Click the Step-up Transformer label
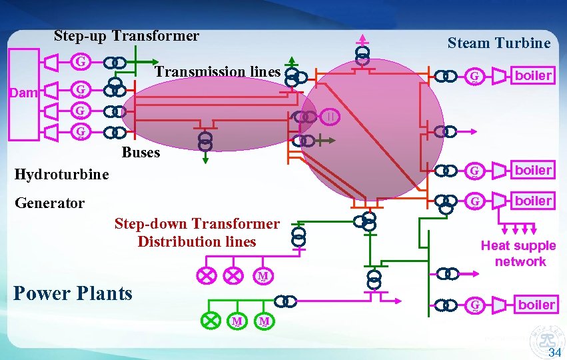[127, 36]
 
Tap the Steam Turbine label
[499, 43]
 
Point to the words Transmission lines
[217, 71]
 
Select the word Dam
[24, 93]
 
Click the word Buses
[141, 153]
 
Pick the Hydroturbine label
[61, 175]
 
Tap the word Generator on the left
[50, 203]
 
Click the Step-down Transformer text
[197, 224]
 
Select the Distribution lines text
[197, 241]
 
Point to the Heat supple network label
[518, 254]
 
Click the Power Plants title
[73, 293]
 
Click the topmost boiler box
[534, 75]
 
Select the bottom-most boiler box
[536, 305]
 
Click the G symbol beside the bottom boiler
[475, 305]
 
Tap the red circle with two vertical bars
[331, 117]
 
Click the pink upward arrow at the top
[362, 37]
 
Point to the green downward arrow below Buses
[205, 159]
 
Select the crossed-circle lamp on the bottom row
[211, 321]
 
